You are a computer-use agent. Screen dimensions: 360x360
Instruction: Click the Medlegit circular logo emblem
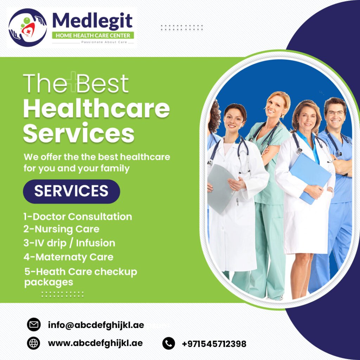click(27, 27)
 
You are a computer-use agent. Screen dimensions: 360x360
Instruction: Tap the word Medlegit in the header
click(92, 21)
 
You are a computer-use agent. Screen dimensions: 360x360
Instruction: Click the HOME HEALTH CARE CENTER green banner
click(93, 36)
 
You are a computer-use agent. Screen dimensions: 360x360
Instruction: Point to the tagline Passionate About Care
click(104, 42)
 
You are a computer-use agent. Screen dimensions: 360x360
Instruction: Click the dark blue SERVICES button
click(71, 191)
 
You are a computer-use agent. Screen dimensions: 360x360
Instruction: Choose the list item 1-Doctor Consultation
click(78, 217)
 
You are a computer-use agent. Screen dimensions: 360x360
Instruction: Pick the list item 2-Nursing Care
click(61, 229)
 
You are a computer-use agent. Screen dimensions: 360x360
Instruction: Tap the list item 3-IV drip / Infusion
click(69, 243)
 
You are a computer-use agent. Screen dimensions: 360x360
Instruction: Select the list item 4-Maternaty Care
click(69, 257)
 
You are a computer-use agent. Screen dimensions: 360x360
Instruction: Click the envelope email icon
click(34, 324)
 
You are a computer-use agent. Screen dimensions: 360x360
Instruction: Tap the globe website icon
click(33, 343)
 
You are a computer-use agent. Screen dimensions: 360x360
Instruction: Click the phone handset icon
click(168, 343)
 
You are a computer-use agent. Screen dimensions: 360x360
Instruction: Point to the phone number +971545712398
click(214, 344)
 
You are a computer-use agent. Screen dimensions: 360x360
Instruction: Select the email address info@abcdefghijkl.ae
click(96, 325)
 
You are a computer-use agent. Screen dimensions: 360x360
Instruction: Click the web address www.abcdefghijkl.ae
click(95, 343)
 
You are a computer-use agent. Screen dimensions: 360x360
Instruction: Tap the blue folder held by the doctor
click(310, 178)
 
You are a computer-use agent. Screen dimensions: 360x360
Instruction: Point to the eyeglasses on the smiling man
click(335, 113)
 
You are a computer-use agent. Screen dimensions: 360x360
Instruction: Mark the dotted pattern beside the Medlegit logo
click(182, 27)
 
